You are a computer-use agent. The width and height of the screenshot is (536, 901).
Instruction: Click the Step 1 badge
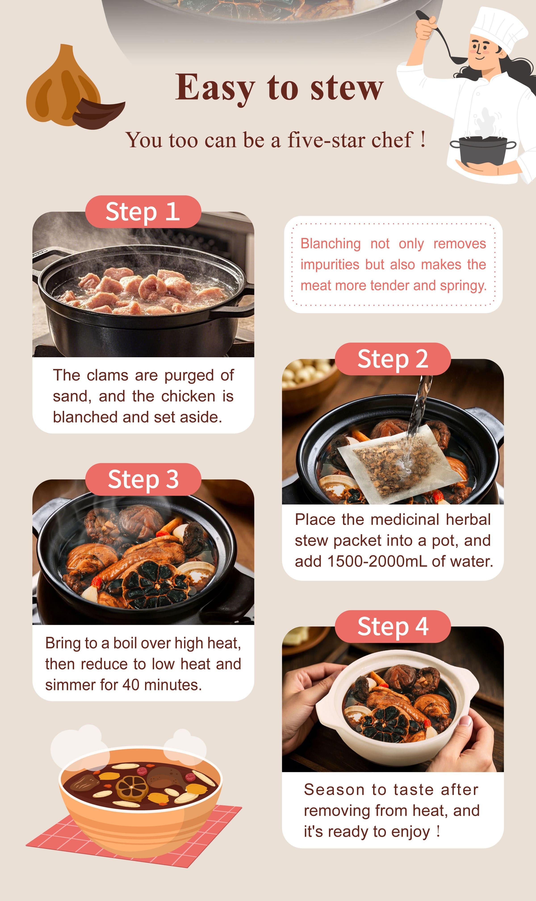(x=143, y=212)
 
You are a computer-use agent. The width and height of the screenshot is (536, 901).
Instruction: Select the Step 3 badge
(x=143, y=479)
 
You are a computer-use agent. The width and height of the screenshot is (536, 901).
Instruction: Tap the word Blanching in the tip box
(x=331, y=244)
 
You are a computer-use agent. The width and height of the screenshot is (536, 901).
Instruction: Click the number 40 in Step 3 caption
(x=130, y=685)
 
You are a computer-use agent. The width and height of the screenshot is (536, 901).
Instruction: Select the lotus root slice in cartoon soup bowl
(x=132, y=787)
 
